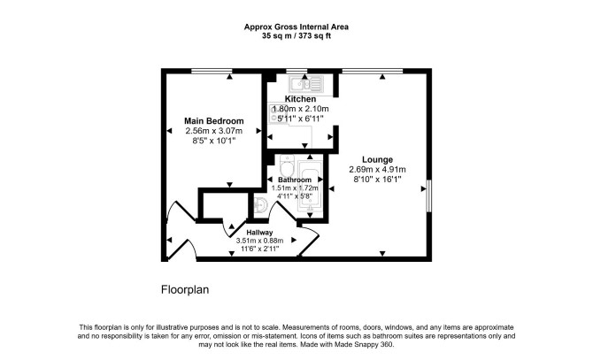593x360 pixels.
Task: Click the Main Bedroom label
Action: (213, 121)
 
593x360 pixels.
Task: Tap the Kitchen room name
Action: (300, 99)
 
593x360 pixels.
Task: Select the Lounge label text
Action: (377, 160)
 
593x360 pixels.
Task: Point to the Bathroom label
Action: (295, 180)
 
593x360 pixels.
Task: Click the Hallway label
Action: (259, 233)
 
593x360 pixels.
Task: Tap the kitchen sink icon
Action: (306, 83)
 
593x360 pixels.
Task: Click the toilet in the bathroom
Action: (287, 165)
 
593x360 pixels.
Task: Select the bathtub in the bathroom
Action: (310, 187)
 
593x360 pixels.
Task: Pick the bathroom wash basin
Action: (260, 205)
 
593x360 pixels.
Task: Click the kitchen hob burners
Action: (273, 113)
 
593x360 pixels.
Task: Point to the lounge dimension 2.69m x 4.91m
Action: (377, 170)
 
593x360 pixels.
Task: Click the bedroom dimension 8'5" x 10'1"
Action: (214, 141)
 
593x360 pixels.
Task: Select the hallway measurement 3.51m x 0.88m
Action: (259, 241)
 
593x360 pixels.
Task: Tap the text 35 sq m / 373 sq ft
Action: (296, 36)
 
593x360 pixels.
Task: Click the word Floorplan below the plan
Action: (185, 290)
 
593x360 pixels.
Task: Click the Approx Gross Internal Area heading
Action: (296, 27)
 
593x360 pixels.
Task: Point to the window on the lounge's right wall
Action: (429, 196)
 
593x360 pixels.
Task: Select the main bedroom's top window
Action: (212, 71)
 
